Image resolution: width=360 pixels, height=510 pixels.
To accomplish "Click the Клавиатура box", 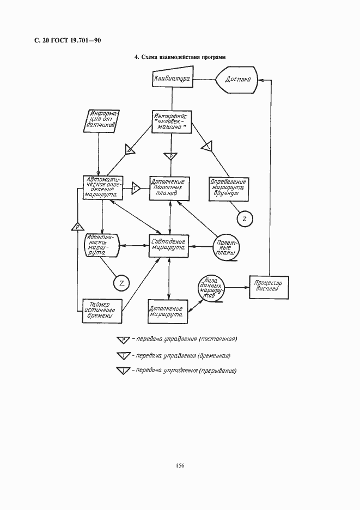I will coord(172,79).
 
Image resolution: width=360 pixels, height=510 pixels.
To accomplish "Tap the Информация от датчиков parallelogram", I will coord(103,121).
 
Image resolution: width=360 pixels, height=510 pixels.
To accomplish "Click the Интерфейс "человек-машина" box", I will coord(172,120).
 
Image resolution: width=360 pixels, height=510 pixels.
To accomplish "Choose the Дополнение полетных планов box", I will coord(171,187).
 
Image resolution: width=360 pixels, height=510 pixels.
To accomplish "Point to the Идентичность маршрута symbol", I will coord(102,245).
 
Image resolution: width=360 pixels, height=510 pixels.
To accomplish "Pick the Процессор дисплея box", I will coord(268,286).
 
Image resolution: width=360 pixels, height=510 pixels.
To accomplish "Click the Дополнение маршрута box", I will coord(168,311).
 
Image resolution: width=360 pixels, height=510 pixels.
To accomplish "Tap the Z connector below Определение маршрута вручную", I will coord(245,219).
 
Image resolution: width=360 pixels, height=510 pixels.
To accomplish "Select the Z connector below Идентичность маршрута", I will coord(121,282).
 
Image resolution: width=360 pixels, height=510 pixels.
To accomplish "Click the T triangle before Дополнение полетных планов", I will coord(136,187).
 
